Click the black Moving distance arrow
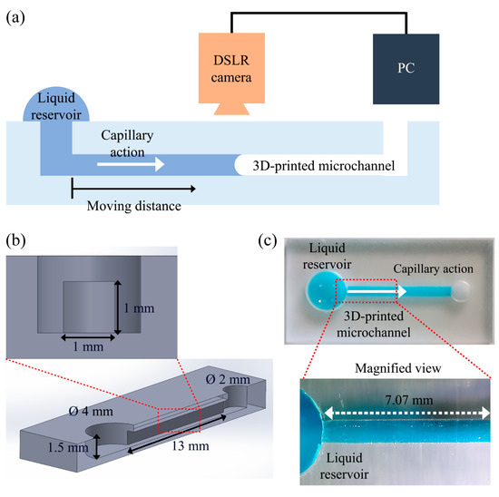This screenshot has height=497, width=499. [132, 189]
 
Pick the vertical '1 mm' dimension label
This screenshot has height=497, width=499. [138, 307]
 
